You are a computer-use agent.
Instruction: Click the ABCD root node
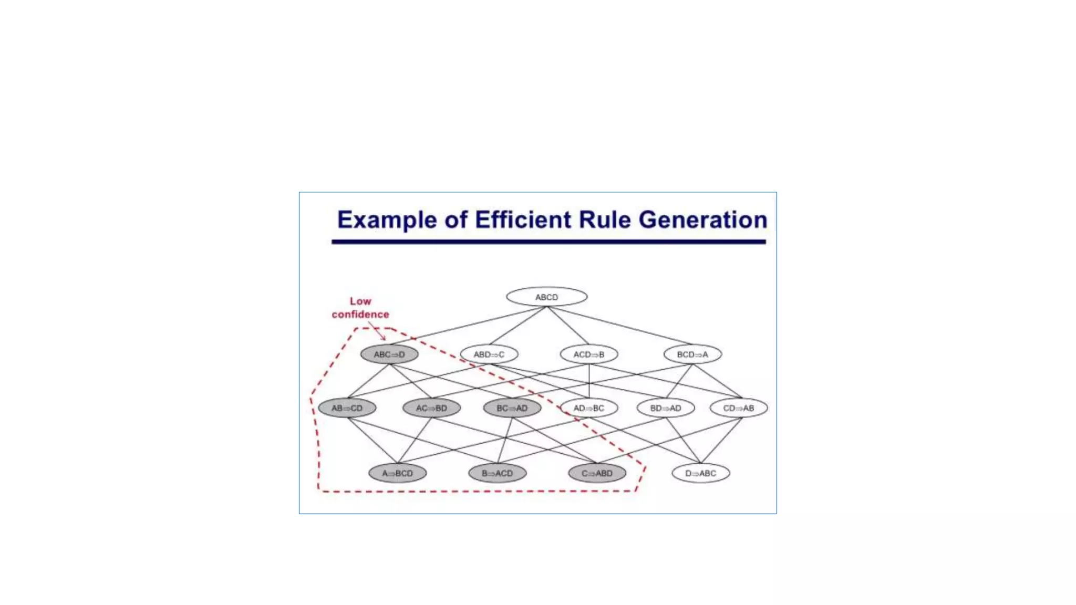pyautogui.click(x=546, y=297)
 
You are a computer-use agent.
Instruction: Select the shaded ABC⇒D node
pyautogui.click(x=389, y=354)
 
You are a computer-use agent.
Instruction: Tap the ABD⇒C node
pyautogui.click(x=489, y=354)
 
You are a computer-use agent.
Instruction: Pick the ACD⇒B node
pyautogui.click(x=588, y=354)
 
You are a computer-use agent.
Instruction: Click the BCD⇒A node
pyautogui.click(x=692, y=354)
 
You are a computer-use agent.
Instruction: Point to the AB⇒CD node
pyautogui.click(x=347, y=408)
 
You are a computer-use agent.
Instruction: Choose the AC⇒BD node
pyautogui.click(x=431, y=408)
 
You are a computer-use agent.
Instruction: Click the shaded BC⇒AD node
pyautogui.click(x=512, y=408)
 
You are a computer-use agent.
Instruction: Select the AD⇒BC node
pyautogui.click(x=588, y=408)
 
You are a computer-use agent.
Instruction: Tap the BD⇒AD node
pyautogui.click(x=665, y=408)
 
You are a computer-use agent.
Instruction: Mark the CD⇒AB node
pyautogui.click(x=738, y=408)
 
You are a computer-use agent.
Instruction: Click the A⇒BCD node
pyautogui.click(x=397, y=473)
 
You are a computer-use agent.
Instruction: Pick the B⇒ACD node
pyautogui.click(x=497, y=473)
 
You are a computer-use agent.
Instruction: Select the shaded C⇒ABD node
pyautogui.click(x=597, y=473)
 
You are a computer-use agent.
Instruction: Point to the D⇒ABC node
pyautogui.click(x=700, y=473)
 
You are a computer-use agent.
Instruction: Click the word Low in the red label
pyautogui.click(x=360, y=301)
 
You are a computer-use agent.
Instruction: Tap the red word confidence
pyautogui.click(x=360, y=315)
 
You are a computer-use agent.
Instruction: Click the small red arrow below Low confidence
pyautogui.click(x=377, y=331)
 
